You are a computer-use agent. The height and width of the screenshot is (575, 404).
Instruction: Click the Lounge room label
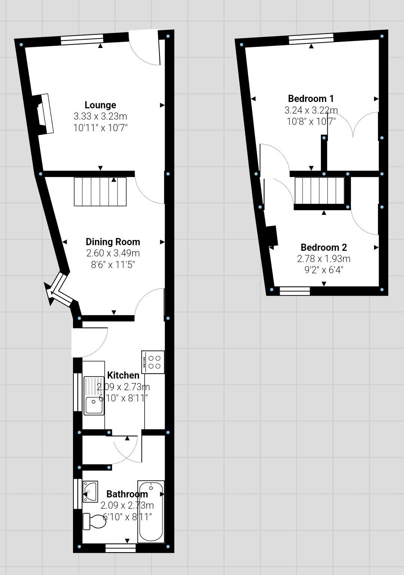pyautogui.click(x=100, y=105)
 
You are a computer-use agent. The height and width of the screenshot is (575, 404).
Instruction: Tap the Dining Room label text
pyautogui.click(x=113, y=242)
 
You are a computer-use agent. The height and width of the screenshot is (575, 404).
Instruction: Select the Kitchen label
pyautogui.click(x=123, y=375)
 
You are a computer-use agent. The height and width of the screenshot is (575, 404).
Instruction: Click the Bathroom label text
pyautogui.click(x=127, y=494)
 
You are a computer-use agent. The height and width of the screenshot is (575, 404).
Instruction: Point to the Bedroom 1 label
pyautogui.click(x=311, y=99)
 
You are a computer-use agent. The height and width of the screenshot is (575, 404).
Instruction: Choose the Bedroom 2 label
pyautogui.click(x=323, y=247)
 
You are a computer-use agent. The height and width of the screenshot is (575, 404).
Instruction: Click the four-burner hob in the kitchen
pyautogui.click(x=153, y=362)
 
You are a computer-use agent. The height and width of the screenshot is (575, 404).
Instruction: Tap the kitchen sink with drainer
pyautogui.click(x=94, y=395)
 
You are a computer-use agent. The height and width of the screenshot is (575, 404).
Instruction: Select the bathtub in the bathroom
pyautogui.click(x=151, y=512)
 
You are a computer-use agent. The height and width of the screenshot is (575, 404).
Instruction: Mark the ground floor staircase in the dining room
pyautogui.click(x=100, y=192)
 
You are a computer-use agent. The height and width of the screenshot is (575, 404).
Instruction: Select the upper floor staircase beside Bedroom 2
pyautogui.click(x=319, y=191)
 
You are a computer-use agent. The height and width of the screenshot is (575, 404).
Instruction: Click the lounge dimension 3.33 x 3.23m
pyautogui.click(x=100, y=116)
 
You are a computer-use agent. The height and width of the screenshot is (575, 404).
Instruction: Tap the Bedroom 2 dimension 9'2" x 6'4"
pyautogui.click(x=323, y=270)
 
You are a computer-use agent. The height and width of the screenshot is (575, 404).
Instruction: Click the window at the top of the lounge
pyautogui.click(x=82, y=39)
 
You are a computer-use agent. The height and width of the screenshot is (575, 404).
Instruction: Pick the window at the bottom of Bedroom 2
pyautogui.click(x=295, y=291)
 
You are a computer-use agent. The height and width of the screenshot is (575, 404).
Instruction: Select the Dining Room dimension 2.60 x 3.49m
pyautogui.click(x=113, y=253)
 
